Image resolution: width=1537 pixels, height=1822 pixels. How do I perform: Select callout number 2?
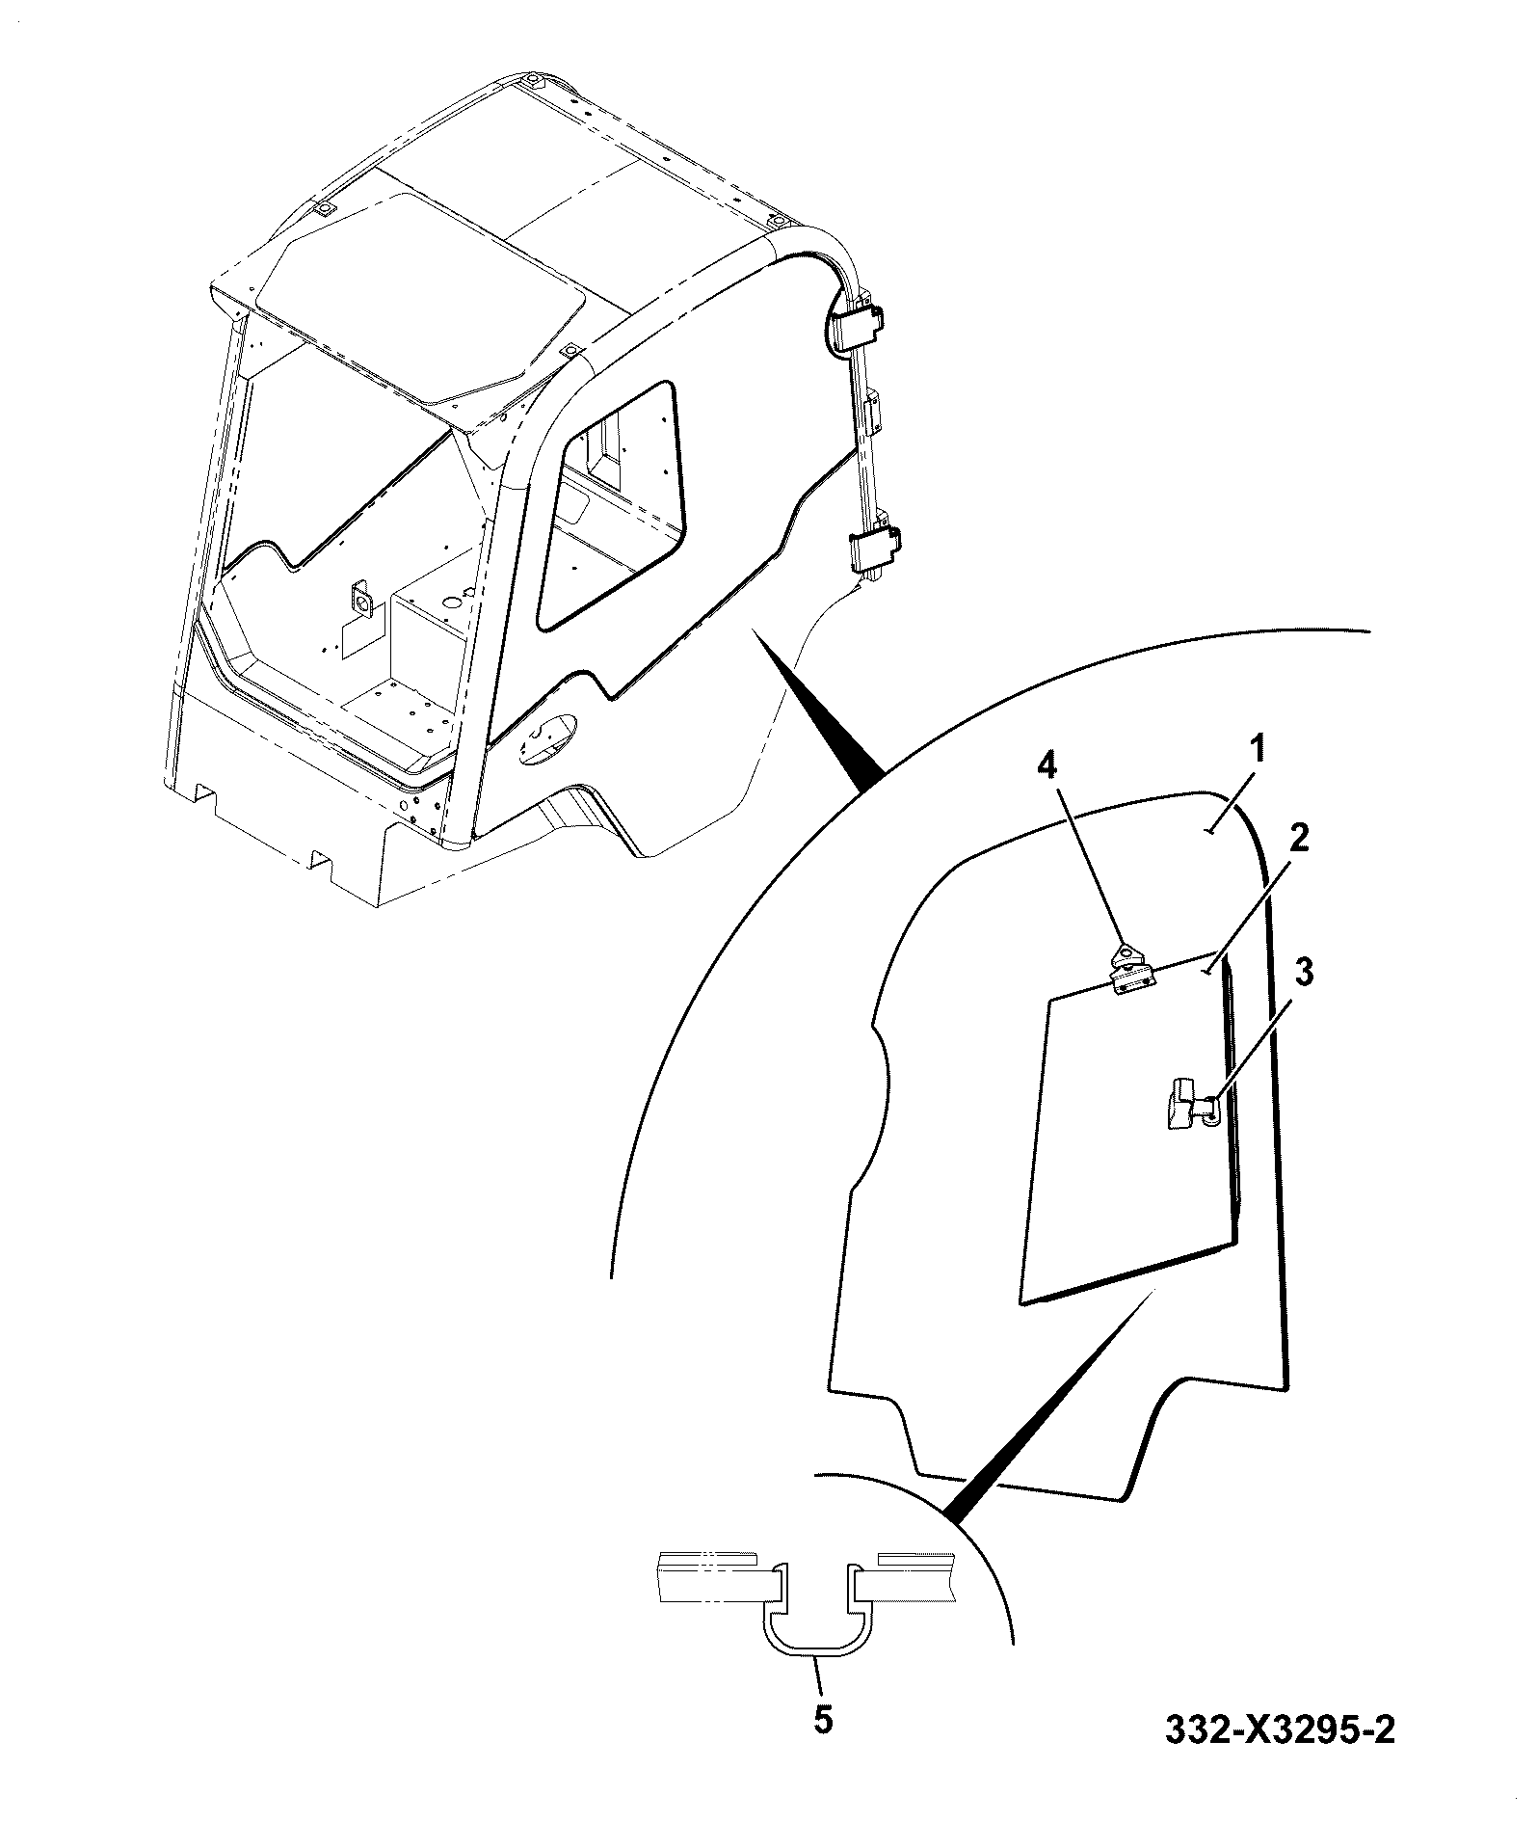coord(1297,839)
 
